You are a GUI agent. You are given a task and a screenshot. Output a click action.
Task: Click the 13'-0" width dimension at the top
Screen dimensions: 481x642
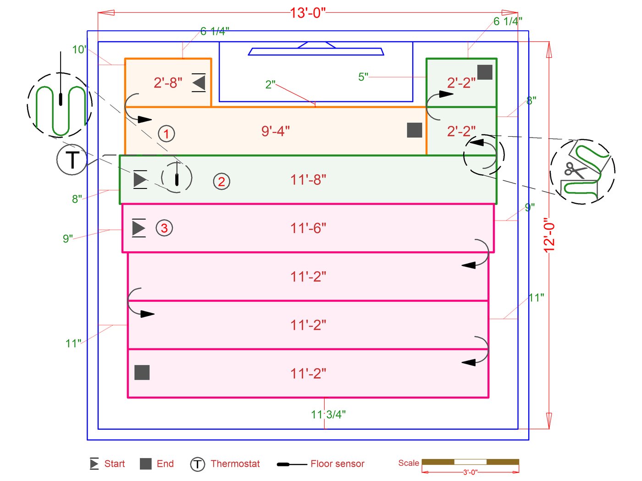(307, 13)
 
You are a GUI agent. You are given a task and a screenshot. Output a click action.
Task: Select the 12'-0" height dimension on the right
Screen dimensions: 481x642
(549, 235)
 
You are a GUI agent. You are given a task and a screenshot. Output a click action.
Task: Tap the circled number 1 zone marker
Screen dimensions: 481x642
(166, 133)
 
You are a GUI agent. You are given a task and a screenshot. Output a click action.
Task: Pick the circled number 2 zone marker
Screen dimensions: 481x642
(221, 182)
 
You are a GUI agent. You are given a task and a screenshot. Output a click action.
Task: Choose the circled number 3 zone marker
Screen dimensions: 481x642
(164, 228)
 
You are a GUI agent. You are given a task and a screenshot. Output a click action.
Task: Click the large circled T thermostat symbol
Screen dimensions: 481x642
(72, 160)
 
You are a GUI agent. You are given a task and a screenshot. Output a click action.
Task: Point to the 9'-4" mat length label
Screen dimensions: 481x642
(275, 131)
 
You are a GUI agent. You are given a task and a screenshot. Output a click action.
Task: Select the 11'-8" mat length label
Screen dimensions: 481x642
(308, 180)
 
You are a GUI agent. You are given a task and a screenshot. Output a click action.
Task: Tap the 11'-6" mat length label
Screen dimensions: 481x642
(308, 228)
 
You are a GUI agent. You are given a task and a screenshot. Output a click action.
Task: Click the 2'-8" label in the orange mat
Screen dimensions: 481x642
(168, 83)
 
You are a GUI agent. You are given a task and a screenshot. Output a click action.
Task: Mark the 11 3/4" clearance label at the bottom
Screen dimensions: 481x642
(328, 415)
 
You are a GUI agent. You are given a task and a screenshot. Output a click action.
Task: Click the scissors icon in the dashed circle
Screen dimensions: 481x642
(574, 170)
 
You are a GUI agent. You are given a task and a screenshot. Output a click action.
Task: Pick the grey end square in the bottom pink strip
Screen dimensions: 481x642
(142, 372)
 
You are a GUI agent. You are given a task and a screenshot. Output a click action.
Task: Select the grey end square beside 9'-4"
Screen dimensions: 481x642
(415, 130)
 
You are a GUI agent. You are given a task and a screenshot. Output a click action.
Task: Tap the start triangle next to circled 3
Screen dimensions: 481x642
(138, 228)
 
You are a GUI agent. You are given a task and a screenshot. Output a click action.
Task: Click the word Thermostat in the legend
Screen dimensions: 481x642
(235, 464)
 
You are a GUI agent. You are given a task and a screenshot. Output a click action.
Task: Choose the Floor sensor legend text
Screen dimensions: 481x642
(337, 464)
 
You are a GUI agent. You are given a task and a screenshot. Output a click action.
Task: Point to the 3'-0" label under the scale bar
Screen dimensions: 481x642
(470, 472)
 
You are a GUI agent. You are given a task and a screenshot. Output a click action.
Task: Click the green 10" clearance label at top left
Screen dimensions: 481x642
(79, 50)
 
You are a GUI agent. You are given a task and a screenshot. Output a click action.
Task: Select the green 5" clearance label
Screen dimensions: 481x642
(363, 77)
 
